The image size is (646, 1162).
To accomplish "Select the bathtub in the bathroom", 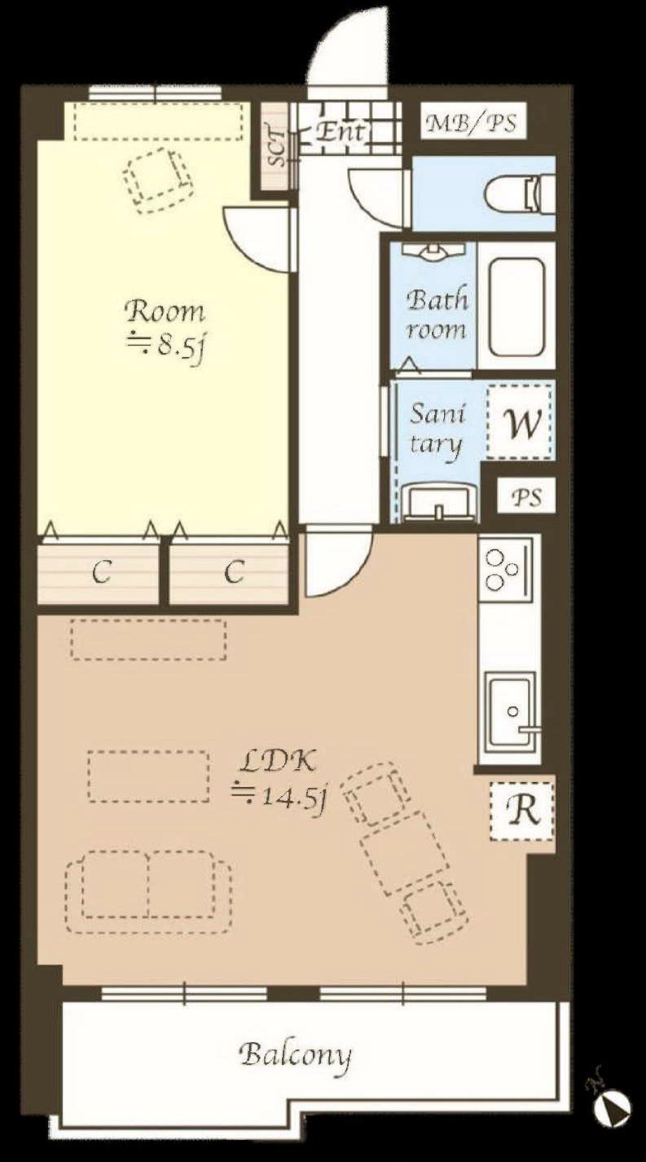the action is point(516,307).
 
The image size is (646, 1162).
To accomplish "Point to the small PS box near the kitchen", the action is point(526,496).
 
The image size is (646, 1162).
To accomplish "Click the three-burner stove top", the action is point(505,568).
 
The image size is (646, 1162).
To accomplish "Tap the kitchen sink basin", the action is point(510,711).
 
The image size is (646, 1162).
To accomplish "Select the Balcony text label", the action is point(295,1056).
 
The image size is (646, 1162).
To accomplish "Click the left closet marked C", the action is point(98,571).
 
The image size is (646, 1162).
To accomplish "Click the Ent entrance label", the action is point(340,131).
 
